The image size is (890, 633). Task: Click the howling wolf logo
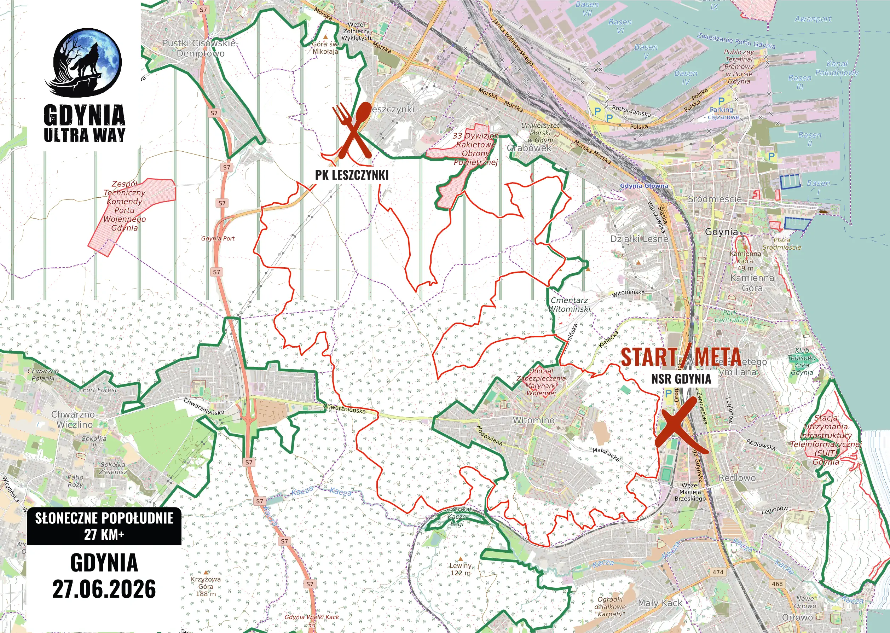pyautogui.click(x=87, y=62)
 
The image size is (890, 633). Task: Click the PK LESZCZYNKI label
pyautogui.click(x=352, y=175)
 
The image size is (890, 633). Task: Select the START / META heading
pyautogui.click(x=681, y=357)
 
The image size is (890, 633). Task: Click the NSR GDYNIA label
pyautogui.click(x=681, y=378)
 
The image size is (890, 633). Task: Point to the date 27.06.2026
pyautogui.click(x=104, y=589)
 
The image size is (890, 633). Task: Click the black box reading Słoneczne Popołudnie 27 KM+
pyautogui.click(x=104, y=526)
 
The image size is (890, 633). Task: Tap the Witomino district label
pyautogui.click(x=533, y=420)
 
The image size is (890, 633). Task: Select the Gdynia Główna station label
pyautogui.click(x=644, y=186)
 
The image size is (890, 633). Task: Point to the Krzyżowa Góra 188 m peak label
pyautogui.click(x=206, y=586)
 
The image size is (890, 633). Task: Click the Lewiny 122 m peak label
pyautogui.click(x=461, y=569)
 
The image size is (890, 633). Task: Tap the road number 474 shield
pyautogui.click(x=718, y=572)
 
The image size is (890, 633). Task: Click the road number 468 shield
pyautogui.click(x=777, y=584)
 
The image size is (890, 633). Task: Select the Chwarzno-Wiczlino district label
pyautogui.click(x=74, y=419)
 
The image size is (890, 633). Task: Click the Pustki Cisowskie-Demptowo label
pyautogui.click(x=200, y=48)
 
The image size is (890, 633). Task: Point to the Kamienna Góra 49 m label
pyautogui.click(x=745, y=261)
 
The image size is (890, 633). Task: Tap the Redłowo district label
pyautogui.click(x=737, y=478)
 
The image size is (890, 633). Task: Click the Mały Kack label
pyautogui.click(x=660, y=603)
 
